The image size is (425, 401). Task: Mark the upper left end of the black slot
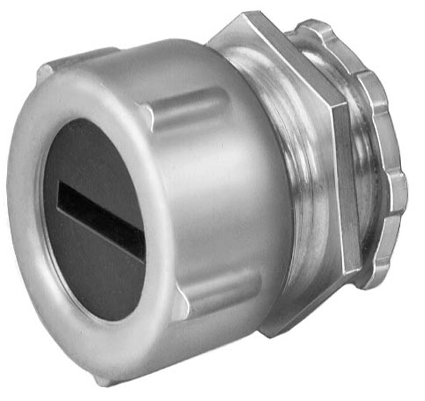(61, 189)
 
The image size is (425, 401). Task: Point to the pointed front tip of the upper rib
(145, 109)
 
